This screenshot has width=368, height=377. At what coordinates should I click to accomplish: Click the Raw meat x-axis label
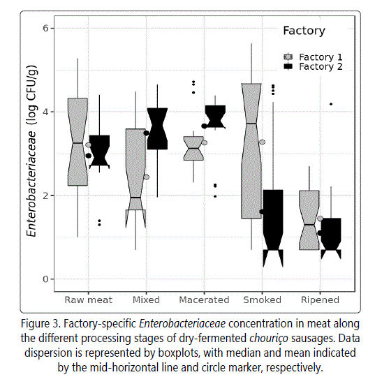[x=88, y=300]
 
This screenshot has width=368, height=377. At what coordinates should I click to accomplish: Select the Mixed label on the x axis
[x=146, y=300]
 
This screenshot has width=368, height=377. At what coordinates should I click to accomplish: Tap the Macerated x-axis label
[x=204, y=300]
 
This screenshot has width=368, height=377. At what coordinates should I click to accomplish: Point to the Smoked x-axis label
[x=262, y=300]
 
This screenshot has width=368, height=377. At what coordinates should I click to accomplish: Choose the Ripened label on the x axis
[x=320, y=300]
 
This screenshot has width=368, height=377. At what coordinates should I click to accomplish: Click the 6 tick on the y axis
[x=45, y=28]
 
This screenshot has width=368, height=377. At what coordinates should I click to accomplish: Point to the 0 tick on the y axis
[x=45, y=279]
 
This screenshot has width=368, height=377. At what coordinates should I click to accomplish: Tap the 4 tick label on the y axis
[x=45, y=112]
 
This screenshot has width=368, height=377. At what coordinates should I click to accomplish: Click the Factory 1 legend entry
[x=313, y=57]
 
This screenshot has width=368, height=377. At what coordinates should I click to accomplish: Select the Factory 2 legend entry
[x=313, y=66]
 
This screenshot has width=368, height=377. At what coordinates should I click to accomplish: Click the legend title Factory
[x=304, y=31]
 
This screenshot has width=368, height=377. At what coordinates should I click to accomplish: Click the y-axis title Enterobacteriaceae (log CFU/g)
[x=31, y=151]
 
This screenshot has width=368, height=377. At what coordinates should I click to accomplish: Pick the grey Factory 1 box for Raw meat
[x=78, y=142]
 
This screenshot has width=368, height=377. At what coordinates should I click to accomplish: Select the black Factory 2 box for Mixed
[x=157, y=128]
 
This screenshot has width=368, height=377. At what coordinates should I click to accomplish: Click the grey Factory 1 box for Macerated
[x=193, y=148]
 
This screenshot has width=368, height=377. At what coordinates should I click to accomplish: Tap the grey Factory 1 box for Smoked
[x=251, y=151]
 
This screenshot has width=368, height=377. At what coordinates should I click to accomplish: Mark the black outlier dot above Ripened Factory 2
[x=331, y=104]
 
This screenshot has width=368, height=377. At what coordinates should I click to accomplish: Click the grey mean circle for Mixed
[x=146, y=177]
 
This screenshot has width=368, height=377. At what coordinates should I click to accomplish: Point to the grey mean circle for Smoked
[x=262, y=142]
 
